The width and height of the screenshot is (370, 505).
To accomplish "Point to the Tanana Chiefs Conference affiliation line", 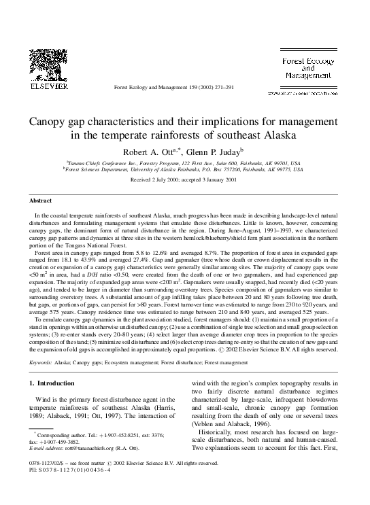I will [x=184, y=164].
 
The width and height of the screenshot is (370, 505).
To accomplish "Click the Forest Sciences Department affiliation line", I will [x=184, y=171].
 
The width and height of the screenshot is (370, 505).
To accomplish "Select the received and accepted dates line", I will [x=184, y=181].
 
